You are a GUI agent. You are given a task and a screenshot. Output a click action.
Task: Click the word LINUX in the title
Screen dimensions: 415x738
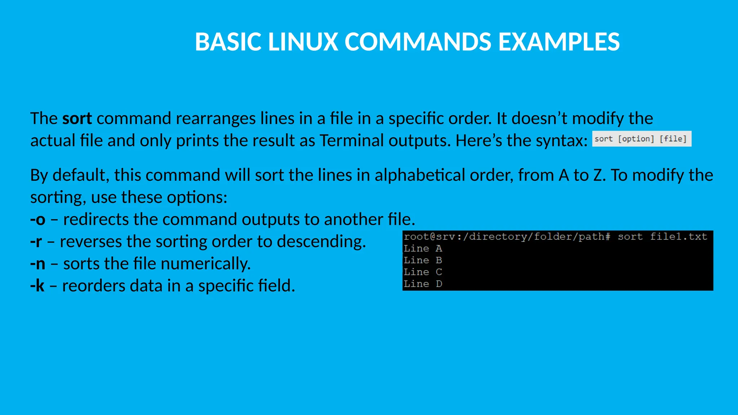click(x=303, y=42)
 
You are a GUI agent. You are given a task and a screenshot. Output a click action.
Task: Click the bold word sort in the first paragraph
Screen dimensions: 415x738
click(x=77, y=119)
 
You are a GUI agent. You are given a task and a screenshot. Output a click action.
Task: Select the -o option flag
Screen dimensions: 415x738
click(x=38, y=219)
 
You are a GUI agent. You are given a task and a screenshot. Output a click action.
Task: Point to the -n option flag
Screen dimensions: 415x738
click(x=38, y=264)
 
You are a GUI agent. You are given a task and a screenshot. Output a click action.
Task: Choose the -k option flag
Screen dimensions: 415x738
click(x=37, y=286)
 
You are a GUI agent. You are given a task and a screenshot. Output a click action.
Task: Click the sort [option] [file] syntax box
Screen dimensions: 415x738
click(x=641, y=139)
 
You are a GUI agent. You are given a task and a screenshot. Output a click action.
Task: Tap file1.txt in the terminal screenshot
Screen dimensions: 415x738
click(x=679, y=237)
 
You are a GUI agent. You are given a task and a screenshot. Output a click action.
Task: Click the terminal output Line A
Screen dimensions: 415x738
click(x=423, y=249)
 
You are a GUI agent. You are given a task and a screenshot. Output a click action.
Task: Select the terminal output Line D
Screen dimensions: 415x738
click(x=423, y=284)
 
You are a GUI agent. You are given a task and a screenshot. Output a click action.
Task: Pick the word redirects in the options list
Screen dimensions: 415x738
click(x=96, y=219)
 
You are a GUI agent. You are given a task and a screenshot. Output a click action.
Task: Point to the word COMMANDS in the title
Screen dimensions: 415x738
click(x=418, y=42)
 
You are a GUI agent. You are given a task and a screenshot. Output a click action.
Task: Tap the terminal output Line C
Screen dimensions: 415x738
click(x=423, y=272)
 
